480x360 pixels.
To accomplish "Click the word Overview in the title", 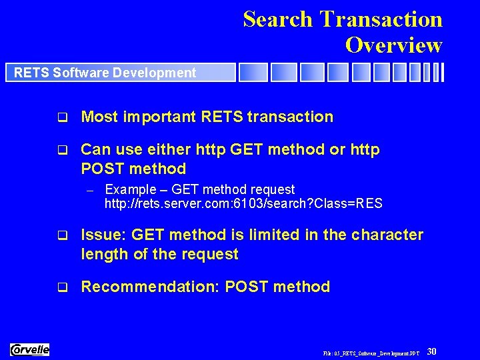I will tap(393, 45).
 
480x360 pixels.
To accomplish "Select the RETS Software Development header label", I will tap(105, 73).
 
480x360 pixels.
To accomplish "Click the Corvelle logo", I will tap(30, 349).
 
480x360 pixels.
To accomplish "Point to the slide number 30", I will tap(431, 351).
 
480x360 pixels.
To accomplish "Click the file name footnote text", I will tap(371, 352).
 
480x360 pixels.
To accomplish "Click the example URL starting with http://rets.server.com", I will tap(243, 203).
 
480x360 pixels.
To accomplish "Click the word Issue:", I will tap(103, 235).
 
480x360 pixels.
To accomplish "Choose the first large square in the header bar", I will tap(253, 72).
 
